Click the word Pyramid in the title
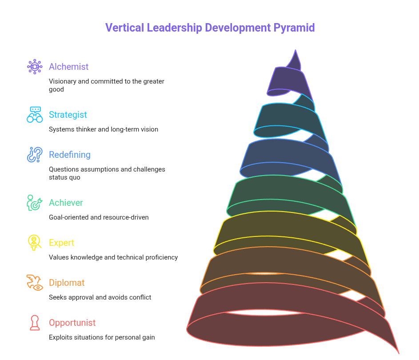tap(294, 28)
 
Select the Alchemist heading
tap(68, 67)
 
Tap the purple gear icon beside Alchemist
tap(35, 67)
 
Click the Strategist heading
tap(68, 115)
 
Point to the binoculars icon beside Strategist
tap(35, 115)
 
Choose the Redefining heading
tap(70, 155)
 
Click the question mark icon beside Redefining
tap(35, 155)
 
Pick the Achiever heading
tap(66, 203)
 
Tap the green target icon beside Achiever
tap(35, 203)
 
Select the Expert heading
tap(61, 243)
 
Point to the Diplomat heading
tap(67, 283)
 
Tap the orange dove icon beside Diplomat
tap(35, 283)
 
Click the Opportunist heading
tap(72, 323)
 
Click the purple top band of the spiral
tap(284, 80)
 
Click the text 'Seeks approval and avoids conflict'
tap(100, 297)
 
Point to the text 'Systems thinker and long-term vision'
tap(104, 129)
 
